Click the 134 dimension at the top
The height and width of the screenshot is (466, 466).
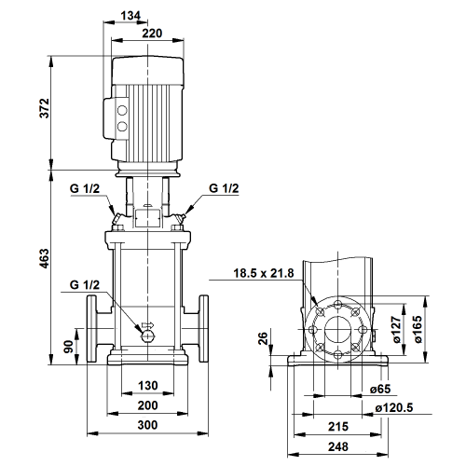coord(130,15)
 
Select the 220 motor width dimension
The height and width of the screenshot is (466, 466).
coord(152,33)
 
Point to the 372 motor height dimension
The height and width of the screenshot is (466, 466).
coord(45,108)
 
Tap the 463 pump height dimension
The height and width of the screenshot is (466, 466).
coord(45,258)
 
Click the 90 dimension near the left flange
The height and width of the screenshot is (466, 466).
coord(68,347)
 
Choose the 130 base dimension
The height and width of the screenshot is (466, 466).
coord(148,386)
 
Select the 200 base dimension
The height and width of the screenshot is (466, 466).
coord(147,405)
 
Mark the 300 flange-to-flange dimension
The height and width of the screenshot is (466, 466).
coord(147,425)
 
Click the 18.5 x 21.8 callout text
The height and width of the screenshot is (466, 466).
coord(264,273)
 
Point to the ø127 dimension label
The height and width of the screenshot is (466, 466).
coord(396,330)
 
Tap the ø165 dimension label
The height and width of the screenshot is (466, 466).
coord(418,329)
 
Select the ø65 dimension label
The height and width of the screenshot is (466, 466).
coord(380,389)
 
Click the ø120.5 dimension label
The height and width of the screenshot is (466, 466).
coord(394,408)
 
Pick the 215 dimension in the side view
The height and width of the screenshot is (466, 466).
coord(338,427)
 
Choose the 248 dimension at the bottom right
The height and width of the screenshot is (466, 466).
coord(338,446)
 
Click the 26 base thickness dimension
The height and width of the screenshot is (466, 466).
coord(263,338)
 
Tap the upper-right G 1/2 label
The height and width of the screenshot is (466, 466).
coord(224,188)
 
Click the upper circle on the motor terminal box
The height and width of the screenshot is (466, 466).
coord(122,111)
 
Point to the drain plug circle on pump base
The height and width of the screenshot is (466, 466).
coord(147,336)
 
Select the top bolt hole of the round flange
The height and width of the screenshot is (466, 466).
coord(338,305)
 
